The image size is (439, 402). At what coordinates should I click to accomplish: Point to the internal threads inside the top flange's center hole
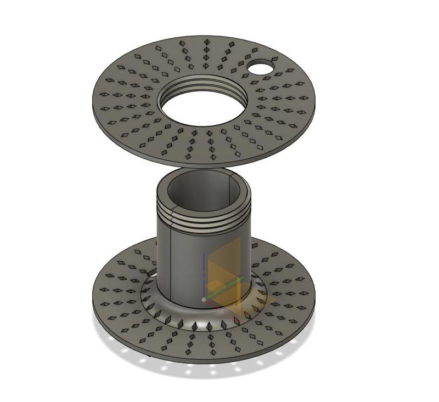tap(203, 83)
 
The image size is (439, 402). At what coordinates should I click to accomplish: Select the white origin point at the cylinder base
tap(204, 300)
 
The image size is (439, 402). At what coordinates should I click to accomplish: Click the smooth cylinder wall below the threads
tap(187, 263)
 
